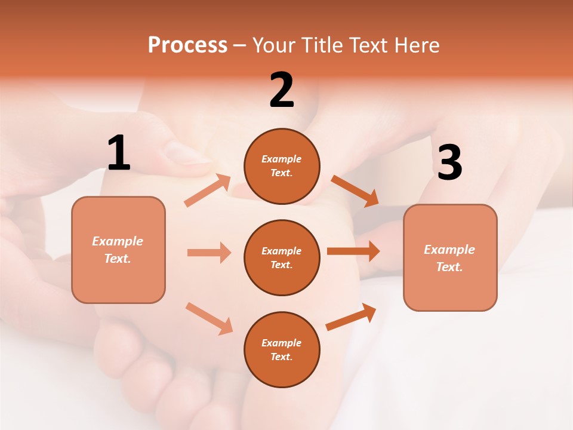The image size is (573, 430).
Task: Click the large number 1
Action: point(119,153)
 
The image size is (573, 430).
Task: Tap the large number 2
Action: point(282,90)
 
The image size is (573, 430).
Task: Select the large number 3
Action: point(449,162)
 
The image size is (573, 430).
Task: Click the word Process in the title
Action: point(187,45)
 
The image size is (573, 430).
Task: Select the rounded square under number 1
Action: point(118,250)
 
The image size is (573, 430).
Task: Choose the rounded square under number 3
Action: point(450,257)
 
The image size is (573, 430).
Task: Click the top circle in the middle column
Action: point(282,166)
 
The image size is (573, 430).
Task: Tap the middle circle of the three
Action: point(282,257)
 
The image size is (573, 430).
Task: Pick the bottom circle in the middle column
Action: point(282,349)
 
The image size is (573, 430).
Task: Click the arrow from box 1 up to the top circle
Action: point(208,191)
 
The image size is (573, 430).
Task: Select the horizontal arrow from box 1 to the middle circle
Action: point(209,253)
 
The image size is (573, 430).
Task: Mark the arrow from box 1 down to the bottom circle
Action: point(209,318)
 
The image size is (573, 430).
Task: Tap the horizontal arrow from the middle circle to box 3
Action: point(353,251)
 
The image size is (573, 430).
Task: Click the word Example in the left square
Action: point(118,241)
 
